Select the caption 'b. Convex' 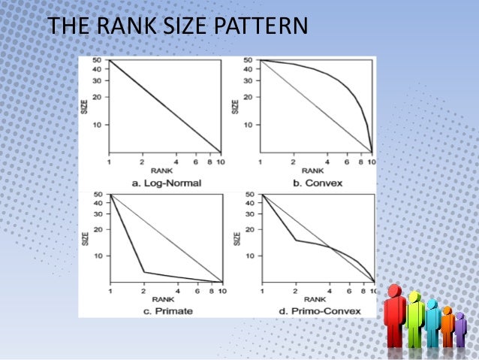tap(317, 183)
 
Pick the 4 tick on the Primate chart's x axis tap(177, 290)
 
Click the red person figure tap(395, 320)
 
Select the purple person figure tap(460, 331)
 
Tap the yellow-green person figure tap(414, 322)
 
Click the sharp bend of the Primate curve tap(144, 271)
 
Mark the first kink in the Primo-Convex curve tap(295, 241)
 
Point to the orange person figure tap(447, 328)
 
